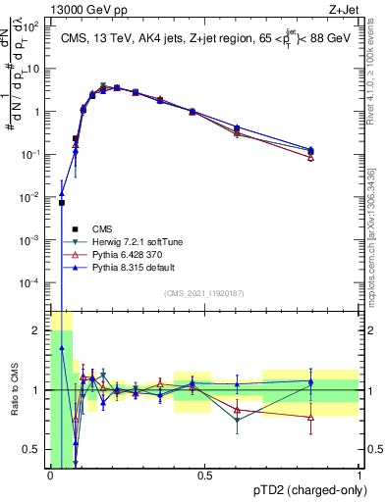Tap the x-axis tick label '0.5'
tap(204, 476)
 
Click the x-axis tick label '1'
tap(359, 476)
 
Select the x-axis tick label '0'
tap(50, 476)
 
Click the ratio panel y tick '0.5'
tap(34, 449)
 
